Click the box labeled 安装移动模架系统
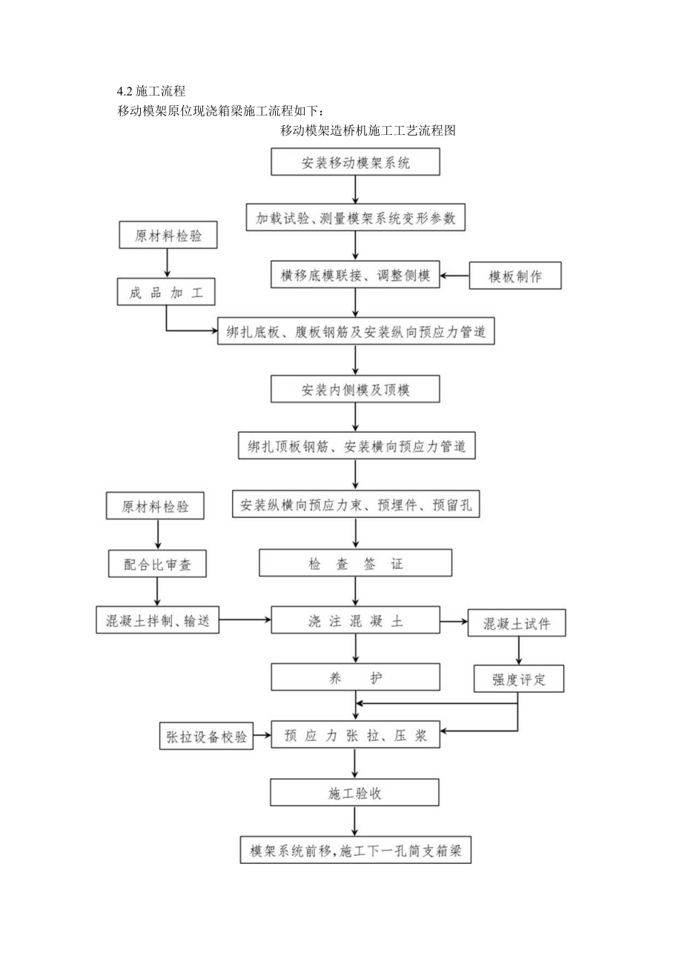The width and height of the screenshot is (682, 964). (x=356, y=163)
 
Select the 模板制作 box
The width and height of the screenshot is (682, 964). (x=515, y=276)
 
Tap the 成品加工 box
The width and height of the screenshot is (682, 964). (x=166, y=291)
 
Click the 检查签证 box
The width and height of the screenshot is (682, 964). (x=356, y=564)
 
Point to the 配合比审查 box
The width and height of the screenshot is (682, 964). (x=158, y=564)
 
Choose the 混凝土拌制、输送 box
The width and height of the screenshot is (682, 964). (x=158, y=619)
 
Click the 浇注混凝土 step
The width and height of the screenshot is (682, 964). (x=356, y=620)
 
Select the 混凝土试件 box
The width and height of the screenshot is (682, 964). (x=518, y=624)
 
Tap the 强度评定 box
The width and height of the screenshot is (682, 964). (x=518, y=678)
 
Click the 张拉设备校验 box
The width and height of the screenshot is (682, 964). (x=205, y=737)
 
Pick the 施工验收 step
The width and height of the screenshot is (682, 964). (x=356, y=793)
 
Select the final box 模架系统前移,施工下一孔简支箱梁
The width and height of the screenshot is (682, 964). (x=356, y=851)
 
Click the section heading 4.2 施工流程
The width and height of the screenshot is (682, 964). (x=150, y=92)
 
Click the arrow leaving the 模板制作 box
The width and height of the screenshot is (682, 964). (x=455, y=277)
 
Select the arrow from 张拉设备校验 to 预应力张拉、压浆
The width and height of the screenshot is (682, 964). (x=262, y=737)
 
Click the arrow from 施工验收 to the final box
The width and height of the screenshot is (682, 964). (x=356, y=822)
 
